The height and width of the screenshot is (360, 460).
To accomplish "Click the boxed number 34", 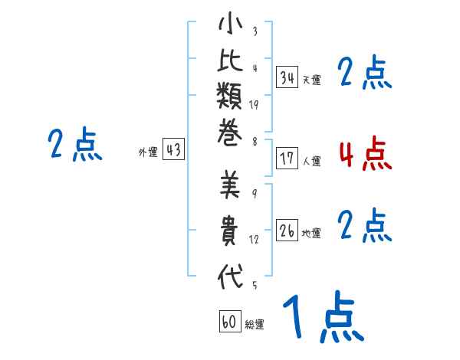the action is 287,77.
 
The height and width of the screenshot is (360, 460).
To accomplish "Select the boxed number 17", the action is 287,159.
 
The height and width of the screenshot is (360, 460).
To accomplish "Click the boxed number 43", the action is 173,150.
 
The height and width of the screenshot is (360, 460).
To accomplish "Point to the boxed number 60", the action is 229,322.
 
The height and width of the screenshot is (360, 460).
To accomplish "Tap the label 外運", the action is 148,152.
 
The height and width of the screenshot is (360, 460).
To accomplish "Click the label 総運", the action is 255,324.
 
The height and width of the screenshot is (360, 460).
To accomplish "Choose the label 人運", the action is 312,162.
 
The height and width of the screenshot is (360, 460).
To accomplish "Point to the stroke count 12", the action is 254,240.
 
